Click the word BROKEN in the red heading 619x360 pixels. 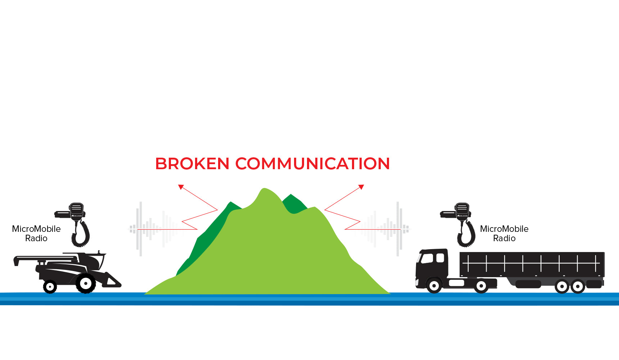coord(192,164)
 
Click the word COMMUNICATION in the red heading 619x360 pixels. coord(312,164)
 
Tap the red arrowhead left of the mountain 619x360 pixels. coord(181,186)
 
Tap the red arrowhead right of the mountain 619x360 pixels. coord(361,186)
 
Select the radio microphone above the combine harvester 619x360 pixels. coord(76,211)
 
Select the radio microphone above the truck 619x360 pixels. coord(462,211)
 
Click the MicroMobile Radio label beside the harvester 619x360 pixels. coord(36,233)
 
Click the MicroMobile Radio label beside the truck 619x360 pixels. coord(504,233)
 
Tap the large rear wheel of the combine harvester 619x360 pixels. coord(86,283)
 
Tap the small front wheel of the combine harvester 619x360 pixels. coord(50,287)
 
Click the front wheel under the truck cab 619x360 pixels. coord(434,286)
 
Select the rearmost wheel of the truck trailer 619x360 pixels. coord(578,287)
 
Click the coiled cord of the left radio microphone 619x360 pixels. coord(81,234)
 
